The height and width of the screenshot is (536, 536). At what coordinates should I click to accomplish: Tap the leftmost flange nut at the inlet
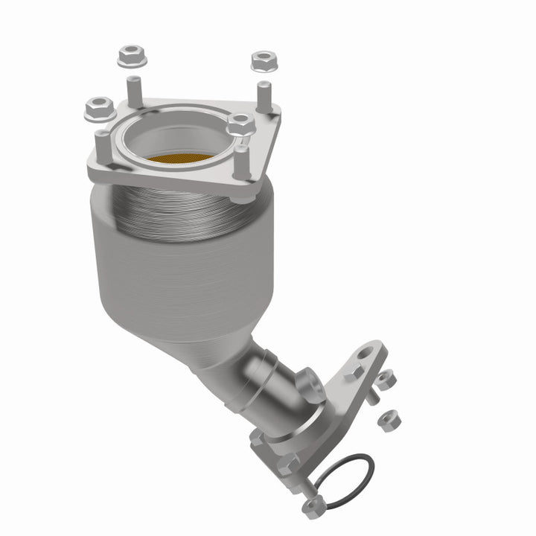click(100, 110)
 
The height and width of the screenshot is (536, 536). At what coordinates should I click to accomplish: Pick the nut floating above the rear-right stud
click(264, 60)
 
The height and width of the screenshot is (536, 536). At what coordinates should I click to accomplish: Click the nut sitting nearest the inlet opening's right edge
click(240, 124)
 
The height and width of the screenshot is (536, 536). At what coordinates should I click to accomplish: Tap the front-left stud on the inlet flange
click(102, 145)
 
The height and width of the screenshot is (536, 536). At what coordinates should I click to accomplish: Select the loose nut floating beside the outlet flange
click(389, 421)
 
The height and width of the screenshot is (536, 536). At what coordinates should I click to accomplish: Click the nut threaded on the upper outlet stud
click(384, 380)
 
